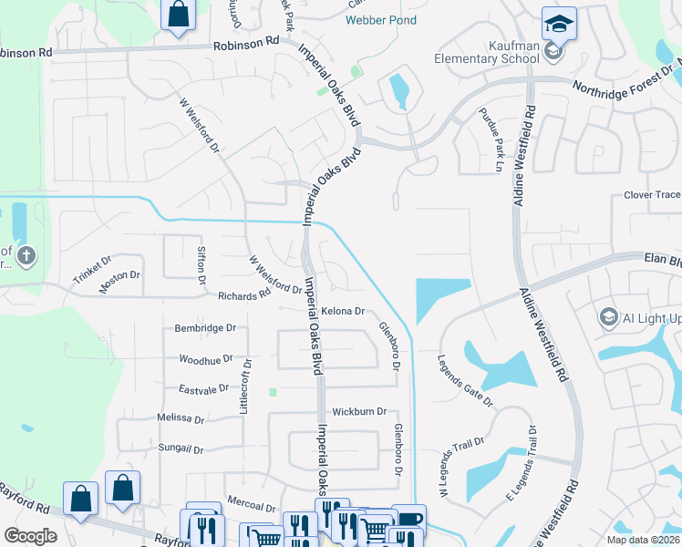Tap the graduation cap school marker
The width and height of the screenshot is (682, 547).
click(558, 22)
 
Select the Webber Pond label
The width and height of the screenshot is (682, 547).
click(381, 20)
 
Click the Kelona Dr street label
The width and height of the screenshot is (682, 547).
click(343, 311)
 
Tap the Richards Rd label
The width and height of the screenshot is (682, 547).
click(244, 295)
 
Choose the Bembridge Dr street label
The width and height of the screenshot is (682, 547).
click(205, 327)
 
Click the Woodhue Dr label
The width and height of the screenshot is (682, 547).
click(206, 360)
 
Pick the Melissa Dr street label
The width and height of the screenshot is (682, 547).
click(181, 418)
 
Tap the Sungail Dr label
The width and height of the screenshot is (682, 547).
click(181, 449)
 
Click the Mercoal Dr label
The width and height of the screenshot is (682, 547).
click(251, 506)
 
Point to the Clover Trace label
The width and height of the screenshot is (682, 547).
click(651, 195)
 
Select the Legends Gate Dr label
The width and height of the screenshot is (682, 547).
click(466, 381)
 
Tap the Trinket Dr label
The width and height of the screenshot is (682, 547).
click(90, 273)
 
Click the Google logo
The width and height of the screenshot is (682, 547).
click(30, 535)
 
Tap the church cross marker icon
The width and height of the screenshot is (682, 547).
click(26, 255)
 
